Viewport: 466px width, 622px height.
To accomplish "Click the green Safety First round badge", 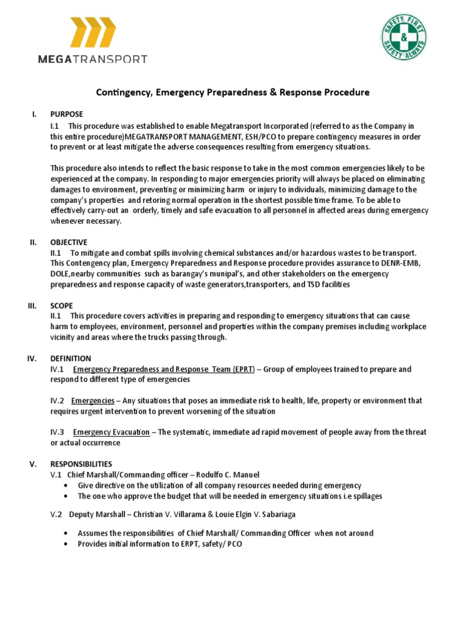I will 404,38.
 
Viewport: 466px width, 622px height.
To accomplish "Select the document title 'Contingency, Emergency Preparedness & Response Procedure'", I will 233,93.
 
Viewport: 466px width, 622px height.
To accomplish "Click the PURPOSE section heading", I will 67,114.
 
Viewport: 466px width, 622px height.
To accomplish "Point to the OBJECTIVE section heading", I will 69,242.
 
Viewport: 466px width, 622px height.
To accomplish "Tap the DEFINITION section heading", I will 70,359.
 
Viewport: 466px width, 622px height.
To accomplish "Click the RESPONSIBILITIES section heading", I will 81,464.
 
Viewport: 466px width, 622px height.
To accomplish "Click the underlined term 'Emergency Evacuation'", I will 111,432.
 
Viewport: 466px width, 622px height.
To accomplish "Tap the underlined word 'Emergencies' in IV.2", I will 92,401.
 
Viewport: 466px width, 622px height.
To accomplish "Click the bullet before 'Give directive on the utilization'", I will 66,485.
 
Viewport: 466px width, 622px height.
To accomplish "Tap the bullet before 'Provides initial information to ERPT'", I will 66,544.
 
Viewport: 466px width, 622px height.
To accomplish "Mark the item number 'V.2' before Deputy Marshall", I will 56,514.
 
